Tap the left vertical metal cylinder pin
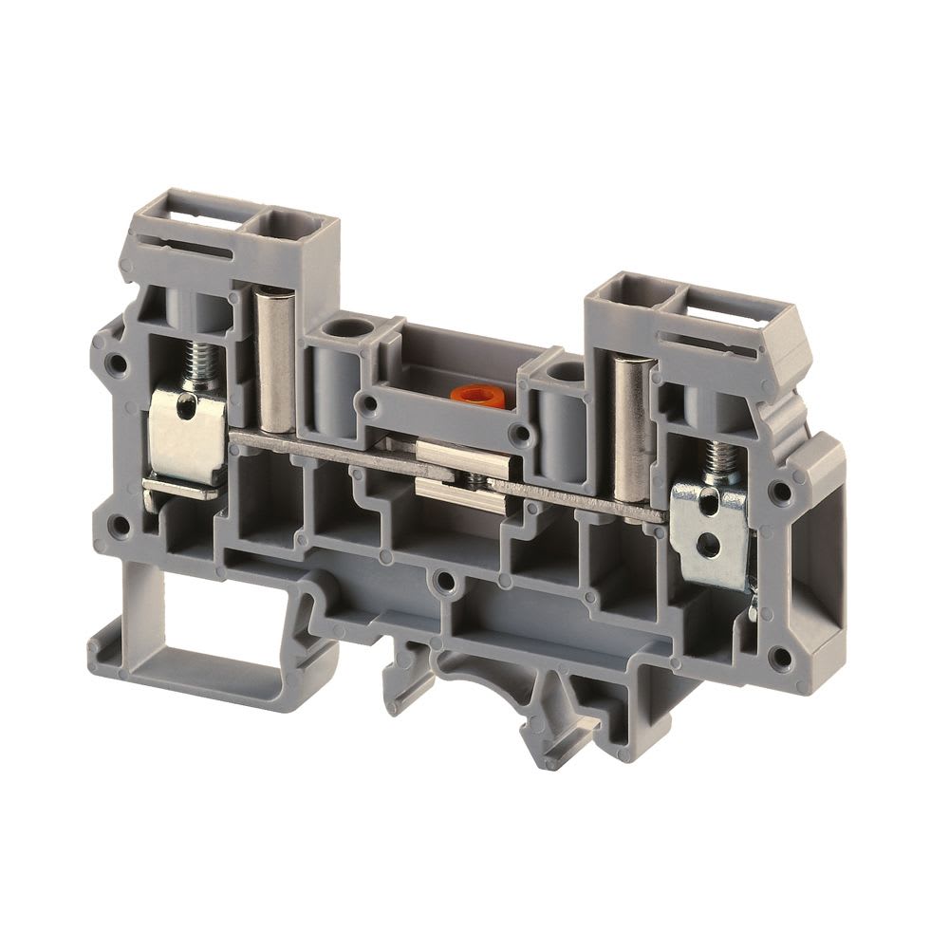[x=276, y=361]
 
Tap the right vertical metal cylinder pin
[x=630, y=427]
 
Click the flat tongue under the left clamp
[x=181, y=487]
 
